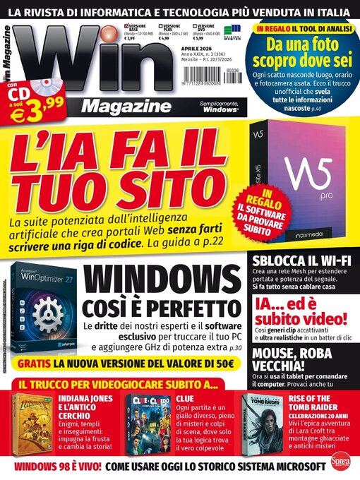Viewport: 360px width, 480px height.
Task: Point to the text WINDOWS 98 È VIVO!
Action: coord(53,466)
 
